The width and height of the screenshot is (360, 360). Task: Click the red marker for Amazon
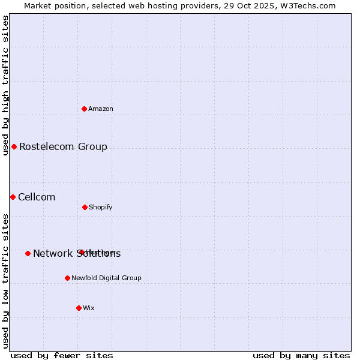point(85,109)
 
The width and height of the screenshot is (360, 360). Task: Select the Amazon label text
point(101,109)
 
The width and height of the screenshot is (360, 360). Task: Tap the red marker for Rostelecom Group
point(14,146)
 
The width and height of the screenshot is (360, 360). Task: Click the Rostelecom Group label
point(63,146)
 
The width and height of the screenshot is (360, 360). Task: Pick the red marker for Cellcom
point(13,197)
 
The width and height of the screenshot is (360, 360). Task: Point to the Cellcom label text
point(37,197)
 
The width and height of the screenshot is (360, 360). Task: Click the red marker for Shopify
point(85,207)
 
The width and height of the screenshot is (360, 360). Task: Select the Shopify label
point(101,208)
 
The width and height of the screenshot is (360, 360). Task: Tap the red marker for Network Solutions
point(28,253)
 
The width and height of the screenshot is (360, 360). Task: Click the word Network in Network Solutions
point(51,253)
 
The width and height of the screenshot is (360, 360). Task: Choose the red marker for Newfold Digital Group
point(67,278)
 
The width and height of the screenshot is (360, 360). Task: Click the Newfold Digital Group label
point(106,278)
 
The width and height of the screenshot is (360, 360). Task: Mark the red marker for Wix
point(79,308)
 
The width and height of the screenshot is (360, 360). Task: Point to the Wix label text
point(89,308)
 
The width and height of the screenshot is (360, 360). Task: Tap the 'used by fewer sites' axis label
point(62,355)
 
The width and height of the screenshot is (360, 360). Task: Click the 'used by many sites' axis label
point(301,355)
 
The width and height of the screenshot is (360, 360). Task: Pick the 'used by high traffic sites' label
point(5,85)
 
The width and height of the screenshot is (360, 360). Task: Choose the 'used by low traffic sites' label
point(5,281)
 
